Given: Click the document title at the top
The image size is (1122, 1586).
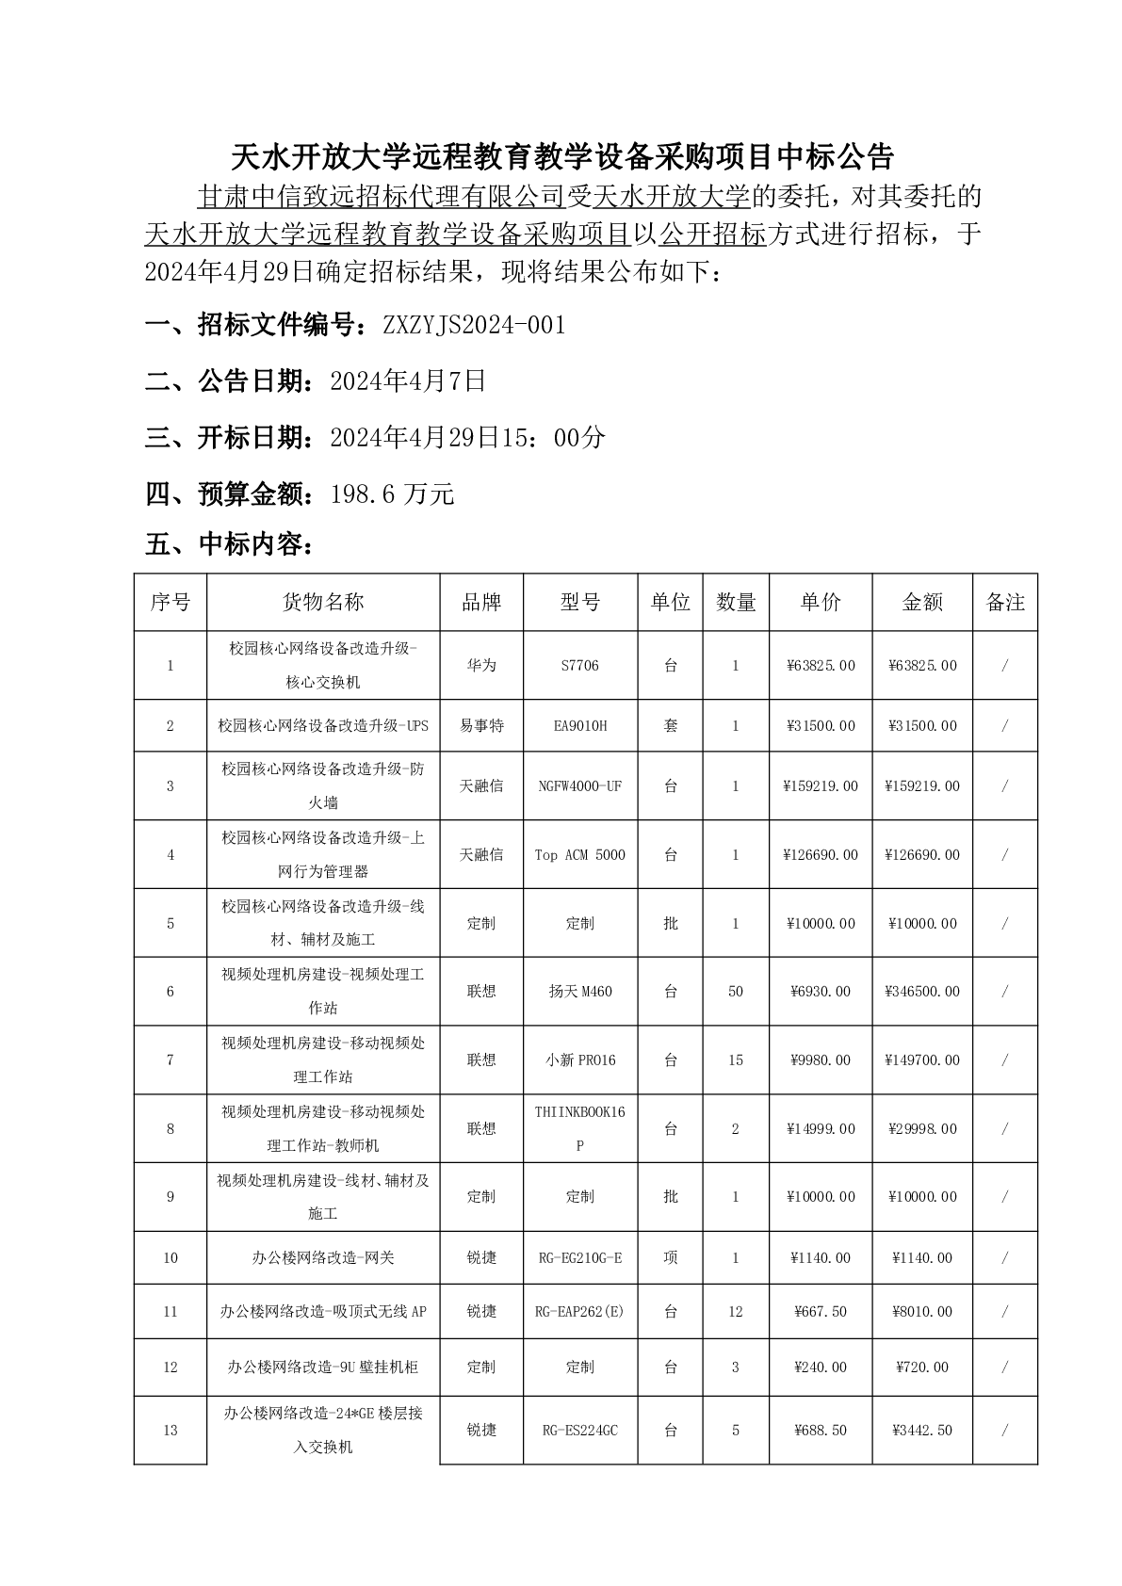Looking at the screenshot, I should coord(561,154).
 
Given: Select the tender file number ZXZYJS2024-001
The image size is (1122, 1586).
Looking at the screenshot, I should coord(474,326).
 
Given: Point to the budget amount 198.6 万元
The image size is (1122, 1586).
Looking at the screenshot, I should coord(392,494).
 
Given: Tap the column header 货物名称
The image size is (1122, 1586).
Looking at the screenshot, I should coord(323,603).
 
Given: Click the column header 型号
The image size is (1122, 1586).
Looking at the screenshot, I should coord(579,603).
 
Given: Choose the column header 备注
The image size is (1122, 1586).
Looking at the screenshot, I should coord(1004,603).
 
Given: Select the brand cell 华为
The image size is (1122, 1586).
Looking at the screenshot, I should coord(480,665).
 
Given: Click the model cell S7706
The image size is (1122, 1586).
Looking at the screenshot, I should coord(579,665).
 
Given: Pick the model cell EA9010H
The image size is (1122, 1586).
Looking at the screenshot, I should coord(579,725).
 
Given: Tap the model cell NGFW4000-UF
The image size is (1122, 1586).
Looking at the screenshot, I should coord(579,785).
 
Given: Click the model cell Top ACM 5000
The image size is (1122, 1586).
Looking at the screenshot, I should coord(579,854).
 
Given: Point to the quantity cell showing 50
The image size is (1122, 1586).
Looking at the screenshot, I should coord(736,991).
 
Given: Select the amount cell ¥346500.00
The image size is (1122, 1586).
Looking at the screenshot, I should coord(922,991).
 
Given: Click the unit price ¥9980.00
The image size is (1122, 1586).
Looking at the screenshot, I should coord(821,1060).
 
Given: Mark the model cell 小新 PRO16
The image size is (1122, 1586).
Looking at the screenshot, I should coord(579,1060).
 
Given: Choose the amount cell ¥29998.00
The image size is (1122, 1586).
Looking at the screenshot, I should coord(922,1128).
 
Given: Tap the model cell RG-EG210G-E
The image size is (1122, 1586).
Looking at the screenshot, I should coord(579,1257).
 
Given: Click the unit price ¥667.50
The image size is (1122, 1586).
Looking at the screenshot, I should coord(821,1311).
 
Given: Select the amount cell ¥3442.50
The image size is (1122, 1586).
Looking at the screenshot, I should coord(922,1430).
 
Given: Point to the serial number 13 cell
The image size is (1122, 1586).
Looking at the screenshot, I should coord(171,1430).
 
